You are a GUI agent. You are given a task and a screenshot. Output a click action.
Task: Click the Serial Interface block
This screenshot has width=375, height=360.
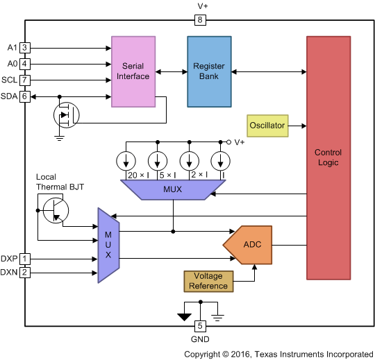tap(133, 71)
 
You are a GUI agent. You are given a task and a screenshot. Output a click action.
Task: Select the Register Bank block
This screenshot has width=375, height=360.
tap(208, 71)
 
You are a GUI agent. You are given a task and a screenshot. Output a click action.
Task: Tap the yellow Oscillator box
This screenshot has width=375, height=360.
tap(267, 126)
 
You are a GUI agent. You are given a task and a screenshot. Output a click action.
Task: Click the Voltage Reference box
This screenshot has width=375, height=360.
tap(208, 281)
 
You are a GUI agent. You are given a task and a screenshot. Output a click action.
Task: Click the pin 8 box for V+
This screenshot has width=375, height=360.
tap(200, 20)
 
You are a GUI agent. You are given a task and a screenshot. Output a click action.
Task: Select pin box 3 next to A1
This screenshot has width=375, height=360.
tap(24, 48)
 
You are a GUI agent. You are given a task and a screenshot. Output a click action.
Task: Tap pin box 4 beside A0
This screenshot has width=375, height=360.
tap(24, 64)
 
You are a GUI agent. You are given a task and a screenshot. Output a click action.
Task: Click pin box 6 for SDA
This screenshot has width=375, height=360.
tap(24, 96)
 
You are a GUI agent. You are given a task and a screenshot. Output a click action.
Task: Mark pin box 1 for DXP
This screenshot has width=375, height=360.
tap(24, 259)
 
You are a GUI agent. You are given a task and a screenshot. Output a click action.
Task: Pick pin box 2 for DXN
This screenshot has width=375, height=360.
tap(24, 273)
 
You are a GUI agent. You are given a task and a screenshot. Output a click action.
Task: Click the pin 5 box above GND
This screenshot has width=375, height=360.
tap(200, 326)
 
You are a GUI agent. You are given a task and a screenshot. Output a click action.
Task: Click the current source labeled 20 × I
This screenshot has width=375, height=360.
tap(126, 161)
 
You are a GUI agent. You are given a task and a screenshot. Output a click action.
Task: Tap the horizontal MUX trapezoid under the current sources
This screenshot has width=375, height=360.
tap(166, 189)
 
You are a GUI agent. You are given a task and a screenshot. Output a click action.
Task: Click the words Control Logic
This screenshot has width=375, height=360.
tap(328, 157)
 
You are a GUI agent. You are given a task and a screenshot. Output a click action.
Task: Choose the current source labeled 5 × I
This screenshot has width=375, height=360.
tap(158, 161)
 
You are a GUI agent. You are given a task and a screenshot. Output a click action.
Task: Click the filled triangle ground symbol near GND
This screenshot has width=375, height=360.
tap(184, 317)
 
